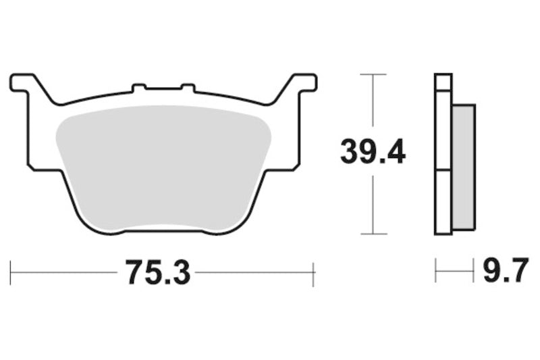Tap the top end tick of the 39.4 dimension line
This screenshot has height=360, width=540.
[373, 74]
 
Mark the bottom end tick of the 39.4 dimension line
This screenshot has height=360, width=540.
[373, 234]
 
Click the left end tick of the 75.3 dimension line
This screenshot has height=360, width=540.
[11, 273]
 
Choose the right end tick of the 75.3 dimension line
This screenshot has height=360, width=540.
[314, 273]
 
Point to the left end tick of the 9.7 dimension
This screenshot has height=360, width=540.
[436, 273]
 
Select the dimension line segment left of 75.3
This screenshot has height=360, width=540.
[64, 273]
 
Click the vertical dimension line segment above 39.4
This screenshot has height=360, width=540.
[373, 101]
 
